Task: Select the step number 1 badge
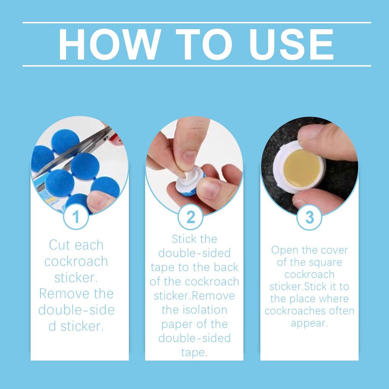click(76, 217)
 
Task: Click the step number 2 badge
click(191, 217)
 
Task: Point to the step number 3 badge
click(309, 217)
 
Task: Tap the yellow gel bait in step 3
click(302, 168)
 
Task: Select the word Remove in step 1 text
click(64, 294)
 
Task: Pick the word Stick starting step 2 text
click(183, 239)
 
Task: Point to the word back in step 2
click(226, 267)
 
